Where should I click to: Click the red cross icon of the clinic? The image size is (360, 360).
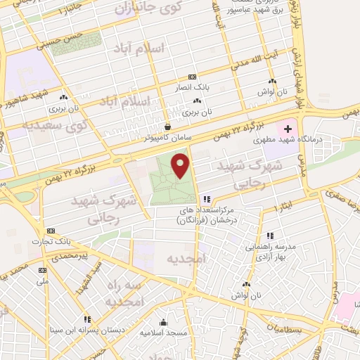point(288,129)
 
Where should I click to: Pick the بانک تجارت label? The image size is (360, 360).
point(51,242)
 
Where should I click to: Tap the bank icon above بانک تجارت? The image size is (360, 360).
point(51,231)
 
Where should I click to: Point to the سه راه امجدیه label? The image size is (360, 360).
point(124,293)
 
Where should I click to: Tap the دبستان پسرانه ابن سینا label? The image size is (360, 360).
point(87,330)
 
